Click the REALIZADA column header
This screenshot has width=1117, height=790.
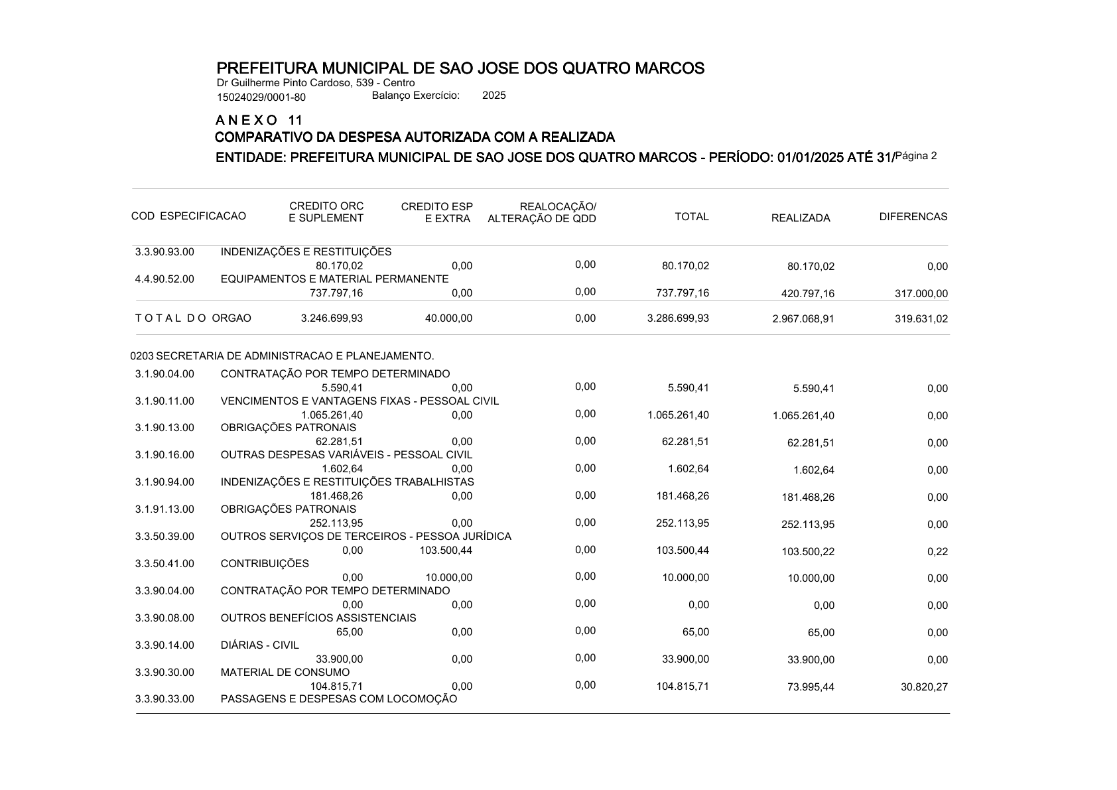pos(800,218)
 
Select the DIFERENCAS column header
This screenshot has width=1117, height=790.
pos(913,217)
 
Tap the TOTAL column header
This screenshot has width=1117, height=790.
pos(691,217)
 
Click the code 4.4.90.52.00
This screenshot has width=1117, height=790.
pos(164,279)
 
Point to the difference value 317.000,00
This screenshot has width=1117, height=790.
pos(921,294)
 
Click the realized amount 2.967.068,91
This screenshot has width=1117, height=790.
pos(803,319)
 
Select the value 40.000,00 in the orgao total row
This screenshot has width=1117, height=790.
pos(448,318)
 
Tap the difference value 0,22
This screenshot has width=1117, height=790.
pos(937,552)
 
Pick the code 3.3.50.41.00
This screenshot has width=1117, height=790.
pos(164,564)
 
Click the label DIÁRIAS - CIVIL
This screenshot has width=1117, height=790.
pos(259,645)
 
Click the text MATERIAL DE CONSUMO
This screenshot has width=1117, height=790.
pos(285,672)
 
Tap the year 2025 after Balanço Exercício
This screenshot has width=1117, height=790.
pos(493,96)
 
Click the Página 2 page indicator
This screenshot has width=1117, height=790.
pos(916,157)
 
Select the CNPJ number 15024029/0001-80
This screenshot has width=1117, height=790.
pos(261,98)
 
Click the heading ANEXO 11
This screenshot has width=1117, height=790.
pos(259,120)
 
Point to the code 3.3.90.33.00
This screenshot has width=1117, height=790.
pos(164,699)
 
